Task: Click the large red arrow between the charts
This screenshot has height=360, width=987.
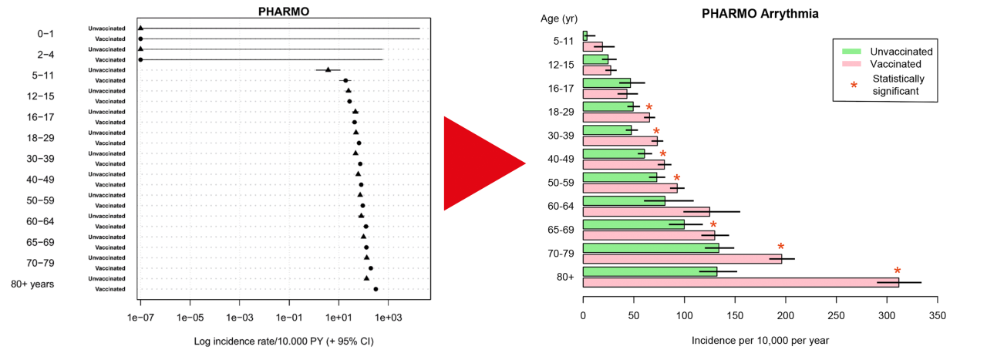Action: [x=478, y=163]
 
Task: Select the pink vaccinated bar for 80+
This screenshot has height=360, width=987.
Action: [x=740, y=282]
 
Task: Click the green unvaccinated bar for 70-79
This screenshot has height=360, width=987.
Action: [x=651, y=247]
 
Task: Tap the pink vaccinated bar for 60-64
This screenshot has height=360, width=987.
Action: [x=646, y=211]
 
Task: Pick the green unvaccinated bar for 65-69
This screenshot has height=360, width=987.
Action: [x=633, y=224]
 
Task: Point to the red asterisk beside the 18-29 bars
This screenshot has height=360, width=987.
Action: [x=649, y=108]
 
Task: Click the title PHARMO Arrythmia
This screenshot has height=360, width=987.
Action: [x=760, y=14]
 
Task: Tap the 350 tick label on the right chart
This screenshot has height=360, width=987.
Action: [x=938, y=315]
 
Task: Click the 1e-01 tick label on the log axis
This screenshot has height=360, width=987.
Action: [x=289, y=317]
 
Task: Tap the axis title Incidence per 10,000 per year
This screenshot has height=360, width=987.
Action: [x=760, y=340]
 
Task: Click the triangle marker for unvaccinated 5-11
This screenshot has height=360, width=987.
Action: [x=328, y=69]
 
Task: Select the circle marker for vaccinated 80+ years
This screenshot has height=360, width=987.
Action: [x=376, y=289]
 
